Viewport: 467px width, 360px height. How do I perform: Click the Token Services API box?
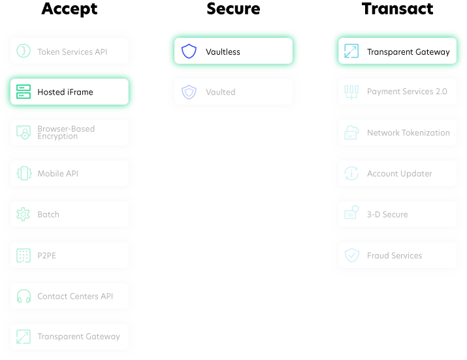click(x=69, y=52)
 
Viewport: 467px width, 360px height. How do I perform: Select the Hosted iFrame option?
click(x=69, y=92)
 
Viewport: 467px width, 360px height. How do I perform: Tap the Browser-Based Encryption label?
click(x=66, y=133)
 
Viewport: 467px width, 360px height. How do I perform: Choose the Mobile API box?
click(x=69, y=174)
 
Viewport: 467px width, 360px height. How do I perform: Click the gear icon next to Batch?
click(x=24, y=214)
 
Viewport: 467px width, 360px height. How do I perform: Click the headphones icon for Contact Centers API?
click(x=24, y=296)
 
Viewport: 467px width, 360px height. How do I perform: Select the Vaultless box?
click(x=233, y=51)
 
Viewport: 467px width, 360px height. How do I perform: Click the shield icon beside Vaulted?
click(x=189, y=92)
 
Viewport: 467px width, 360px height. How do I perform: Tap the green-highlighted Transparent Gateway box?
click(x=397, y=52)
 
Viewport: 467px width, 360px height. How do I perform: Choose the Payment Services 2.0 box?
click(x=397, y=92)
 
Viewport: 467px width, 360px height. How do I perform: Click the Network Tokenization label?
click(x=408, y=133)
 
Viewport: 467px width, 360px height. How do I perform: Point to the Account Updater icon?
click(x=352, y=174)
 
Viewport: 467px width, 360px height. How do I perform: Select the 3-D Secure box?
click(x=397, y=214)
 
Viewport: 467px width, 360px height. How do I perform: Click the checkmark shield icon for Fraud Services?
click(x=352, y=255)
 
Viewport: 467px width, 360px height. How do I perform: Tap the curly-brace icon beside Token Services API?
click(x=24, y=52)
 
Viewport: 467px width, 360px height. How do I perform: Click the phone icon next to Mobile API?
click(x=24, y=174)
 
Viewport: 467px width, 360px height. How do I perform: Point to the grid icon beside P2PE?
click(x=24, y=255)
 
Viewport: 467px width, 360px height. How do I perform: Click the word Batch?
click(x=48, y=214)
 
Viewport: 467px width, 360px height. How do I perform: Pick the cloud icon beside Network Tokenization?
click(x=352, y=133)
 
